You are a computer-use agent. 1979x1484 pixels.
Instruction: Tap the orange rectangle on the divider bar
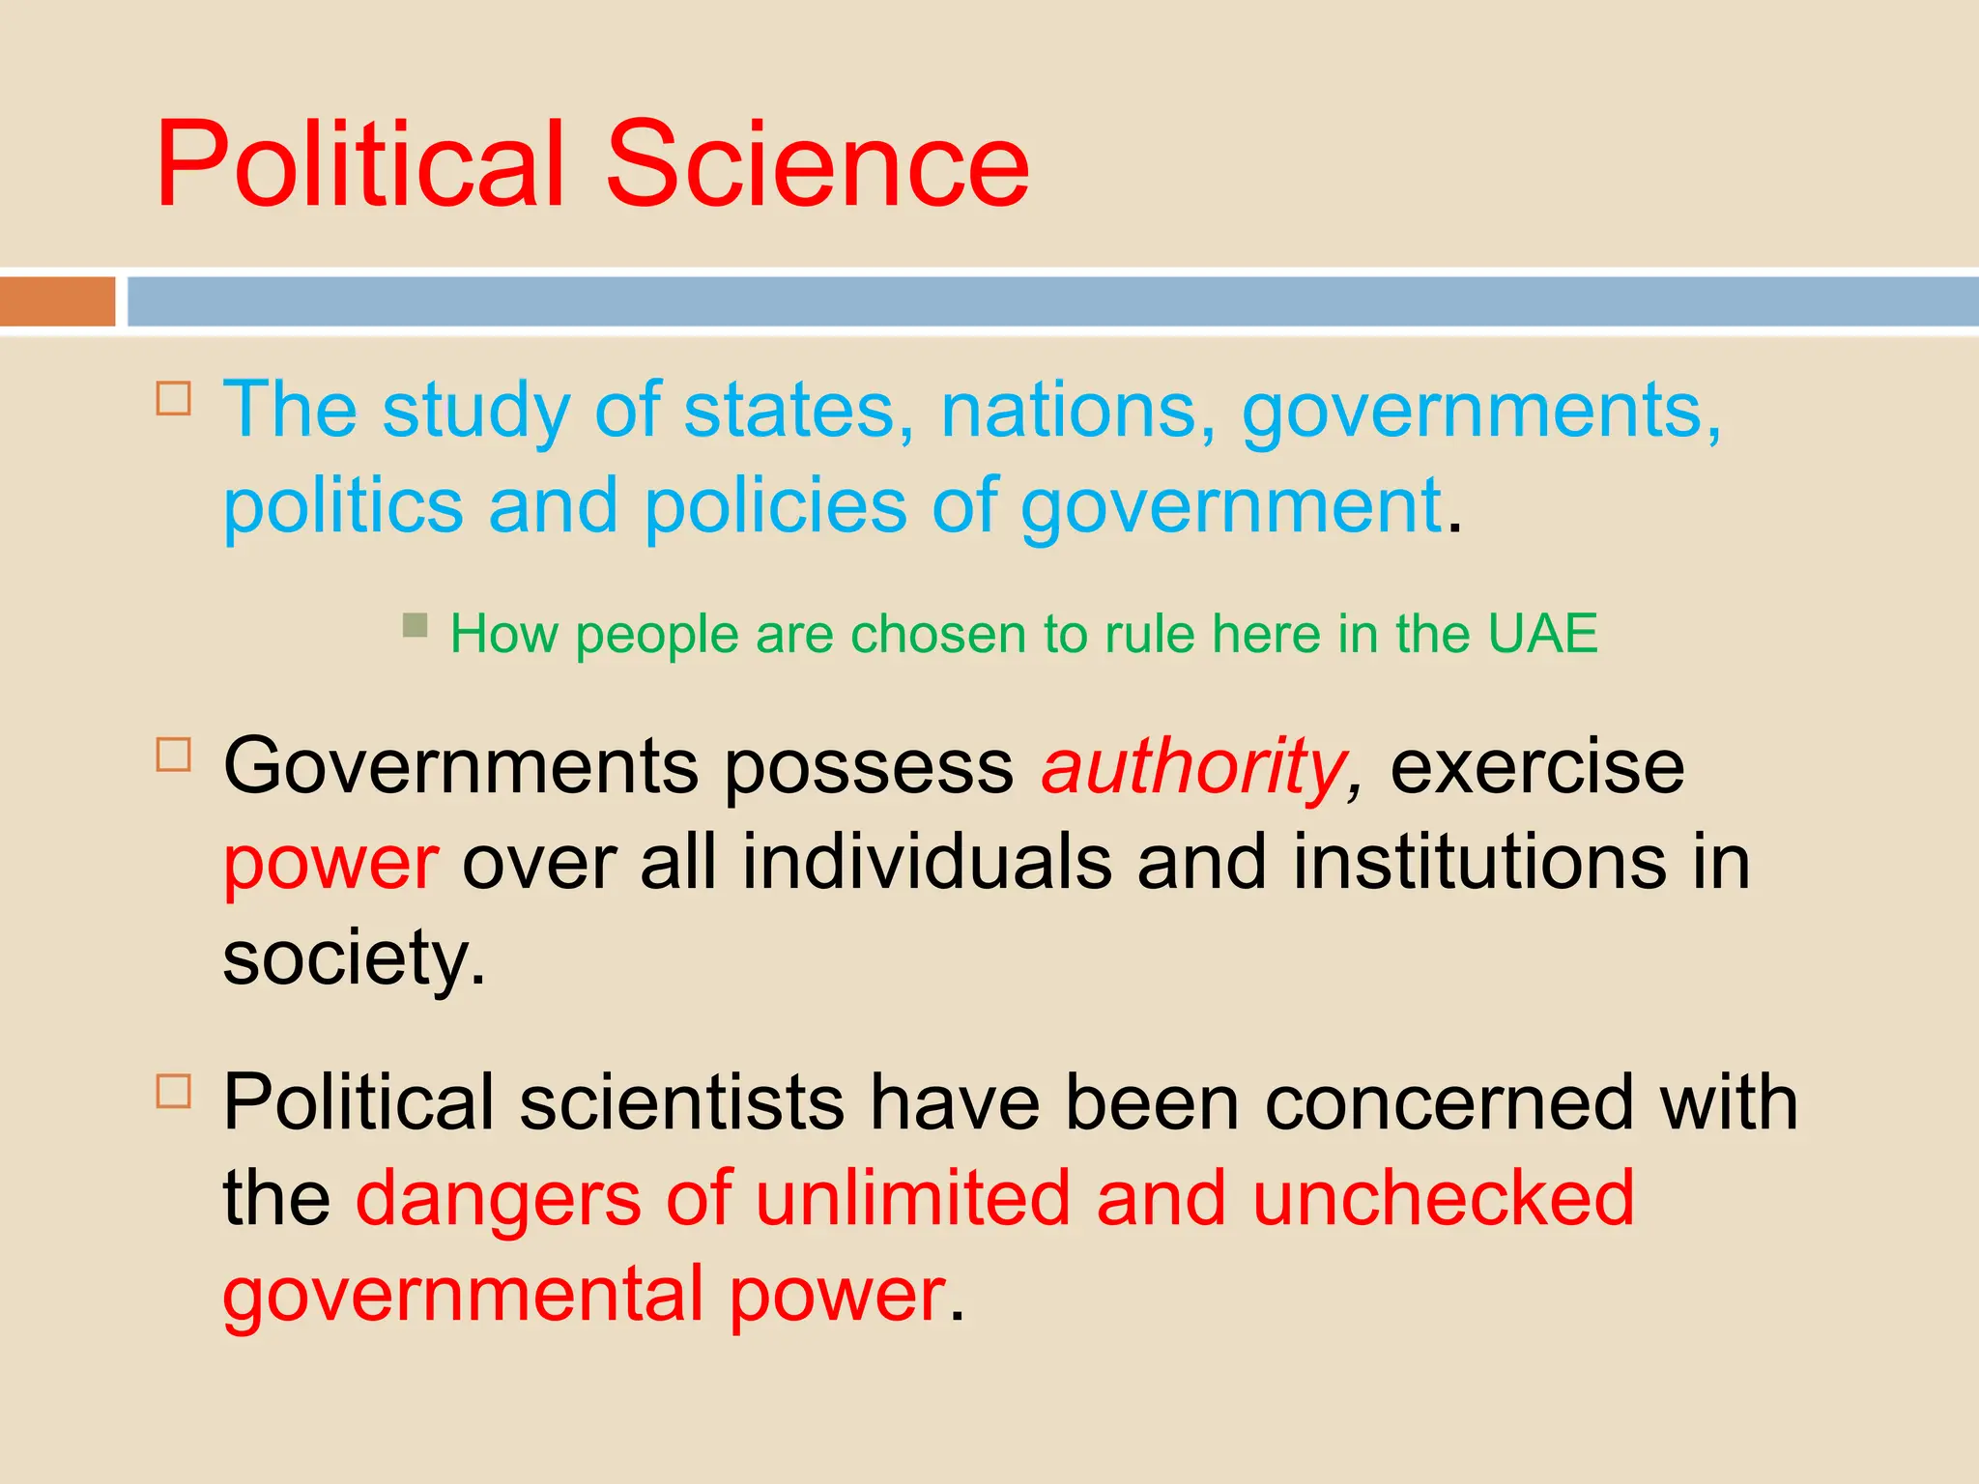point(57,301)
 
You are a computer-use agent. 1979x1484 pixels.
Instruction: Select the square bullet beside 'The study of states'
point(174,398)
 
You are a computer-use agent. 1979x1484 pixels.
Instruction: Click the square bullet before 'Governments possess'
point(174,754)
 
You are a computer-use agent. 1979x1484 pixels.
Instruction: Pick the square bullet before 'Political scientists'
point(174,1091)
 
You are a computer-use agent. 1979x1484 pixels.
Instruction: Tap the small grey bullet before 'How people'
point(415,625)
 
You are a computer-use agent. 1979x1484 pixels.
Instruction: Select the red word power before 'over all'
point(330,863)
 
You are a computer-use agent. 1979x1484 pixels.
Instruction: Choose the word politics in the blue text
point(343,506)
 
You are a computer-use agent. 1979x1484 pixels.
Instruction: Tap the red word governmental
point(463,1295)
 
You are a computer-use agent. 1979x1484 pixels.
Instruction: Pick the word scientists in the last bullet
point(681,1102)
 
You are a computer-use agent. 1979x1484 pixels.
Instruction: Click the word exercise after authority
point(1536,767)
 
